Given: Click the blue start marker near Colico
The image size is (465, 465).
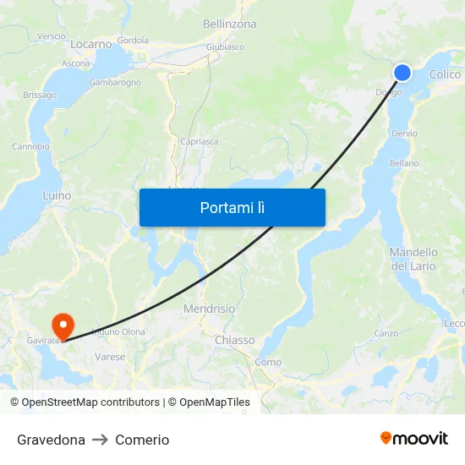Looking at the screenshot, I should [402, 73].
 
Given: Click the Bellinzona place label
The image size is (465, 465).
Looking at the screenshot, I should [229, 25].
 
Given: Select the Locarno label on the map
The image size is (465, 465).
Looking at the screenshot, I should [91, 44].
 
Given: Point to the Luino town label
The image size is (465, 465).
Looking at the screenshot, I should [57, 195].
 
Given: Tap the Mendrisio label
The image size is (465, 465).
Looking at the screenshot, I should [210, 309].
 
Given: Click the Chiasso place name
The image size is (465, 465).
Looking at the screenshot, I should [234, 340].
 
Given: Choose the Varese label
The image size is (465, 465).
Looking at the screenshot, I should [110, 357].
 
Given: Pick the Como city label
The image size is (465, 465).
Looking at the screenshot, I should [267, 362].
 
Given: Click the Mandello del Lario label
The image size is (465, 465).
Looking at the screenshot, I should [413, 259].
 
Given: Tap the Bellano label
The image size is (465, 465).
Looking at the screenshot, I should [404, 163].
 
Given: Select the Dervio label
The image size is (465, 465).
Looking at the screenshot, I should [404, 134].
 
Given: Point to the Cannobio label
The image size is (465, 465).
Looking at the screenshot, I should [30, 146].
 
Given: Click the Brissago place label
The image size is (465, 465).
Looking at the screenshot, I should [39, 96].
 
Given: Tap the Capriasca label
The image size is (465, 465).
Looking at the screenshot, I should [200, 142].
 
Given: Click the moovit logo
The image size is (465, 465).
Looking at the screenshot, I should [413, 439].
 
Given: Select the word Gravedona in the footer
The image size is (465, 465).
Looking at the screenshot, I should [51, 440].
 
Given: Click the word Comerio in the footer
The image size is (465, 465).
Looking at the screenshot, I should [142, 440].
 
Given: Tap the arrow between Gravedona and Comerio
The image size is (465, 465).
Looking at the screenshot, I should [101, 440].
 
